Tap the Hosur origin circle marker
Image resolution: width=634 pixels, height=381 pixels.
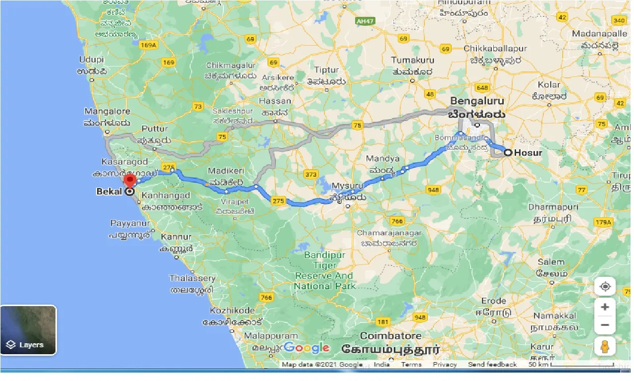[x=508, y=153]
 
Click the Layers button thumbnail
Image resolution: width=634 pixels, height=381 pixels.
[x=28, y=330]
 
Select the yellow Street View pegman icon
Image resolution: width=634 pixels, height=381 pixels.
[x=605, y=346]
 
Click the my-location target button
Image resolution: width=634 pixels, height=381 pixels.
[x=605, y=287]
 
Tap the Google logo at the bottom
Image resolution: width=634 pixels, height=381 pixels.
[x=307, y=348]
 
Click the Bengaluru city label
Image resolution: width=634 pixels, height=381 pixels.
[x=477, y=102]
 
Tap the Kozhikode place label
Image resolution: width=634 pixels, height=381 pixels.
[x=232, y=311]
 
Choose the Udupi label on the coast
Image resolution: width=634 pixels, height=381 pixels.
[x=92, y=60]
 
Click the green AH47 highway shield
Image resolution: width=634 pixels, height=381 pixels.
[x=365, y=21]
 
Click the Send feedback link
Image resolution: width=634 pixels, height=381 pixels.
[x=492, y=365]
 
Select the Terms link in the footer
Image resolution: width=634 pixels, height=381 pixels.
[x=411, y=365]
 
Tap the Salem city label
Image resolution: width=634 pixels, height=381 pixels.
[x=551, y=262]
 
